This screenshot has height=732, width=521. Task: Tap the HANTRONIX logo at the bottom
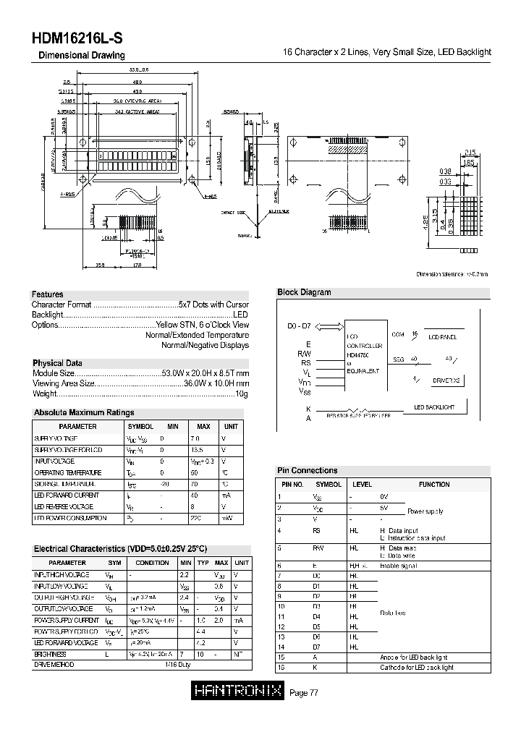pyautogui.click(x=238, y=692)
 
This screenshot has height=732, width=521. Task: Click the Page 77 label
pyautogui.click(x=304, y=693)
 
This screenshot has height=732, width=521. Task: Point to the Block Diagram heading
pyautogui.click(x=304, y=292)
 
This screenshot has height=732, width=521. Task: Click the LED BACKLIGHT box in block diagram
pyautogui.click(x=434, y=407)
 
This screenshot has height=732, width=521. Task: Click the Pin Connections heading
pyautogui.click(x=308, y=470)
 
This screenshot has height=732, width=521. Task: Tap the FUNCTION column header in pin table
pyautogui.click(x=433, y=485)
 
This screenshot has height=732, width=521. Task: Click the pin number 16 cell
pyautogui.click(x=281, y=668)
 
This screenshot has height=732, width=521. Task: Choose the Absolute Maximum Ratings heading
pyautogui.click(x=84, y=412)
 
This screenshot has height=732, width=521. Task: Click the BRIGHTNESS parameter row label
pyautogui.click(x=50, y=653)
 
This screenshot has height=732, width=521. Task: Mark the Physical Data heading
pyautogui.click(x=57, y=363)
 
